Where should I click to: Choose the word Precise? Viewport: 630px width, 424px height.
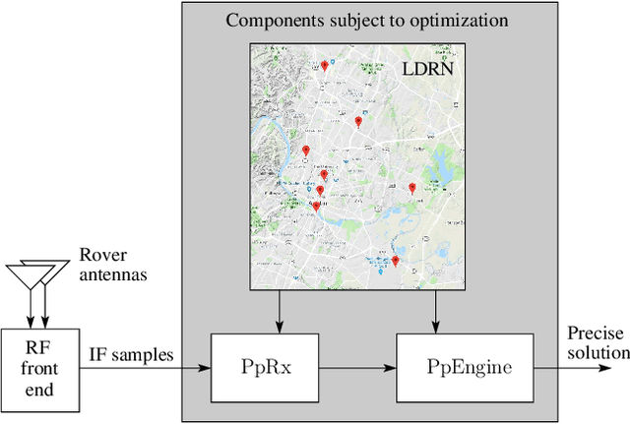coord(595,333)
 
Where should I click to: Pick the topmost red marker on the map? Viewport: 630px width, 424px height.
coord(325,66)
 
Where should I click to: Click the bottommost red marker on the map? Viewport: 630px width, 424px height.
coord(395,261)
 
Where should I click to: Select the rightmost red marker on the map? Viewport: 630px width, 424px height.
coord(412,186)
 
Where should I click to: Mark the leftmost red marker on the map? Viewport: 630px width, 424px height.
coord(306,151)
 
